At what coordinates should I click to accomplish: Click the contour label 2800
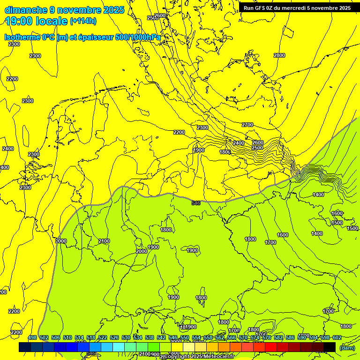point(279,55)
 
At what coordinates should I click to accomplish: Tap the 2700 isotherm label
point(247,125)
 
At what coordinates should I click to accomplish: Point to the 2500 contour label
point(257,148)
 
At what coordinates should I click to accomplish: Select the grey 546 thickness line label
point(196,203)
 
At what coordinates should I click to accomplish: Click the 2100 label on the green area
point(104,241)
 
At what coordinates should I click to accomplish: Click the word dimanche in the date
point(26,10)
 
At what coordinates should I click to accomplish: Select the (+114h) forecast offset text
point(83,21)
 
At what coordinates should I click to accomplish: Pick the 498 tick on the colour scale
point(32,337)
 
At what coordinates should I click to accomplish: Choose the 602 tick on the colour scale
point(337,337)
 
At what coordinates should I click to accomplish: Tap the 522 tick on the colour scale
point(103,337)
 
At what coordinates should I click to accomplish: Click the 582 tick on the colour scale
point(278,337)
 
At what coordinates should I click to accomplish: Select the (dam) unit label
point(347,348)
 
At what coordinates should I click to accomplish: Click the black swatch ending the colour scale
point(330,347)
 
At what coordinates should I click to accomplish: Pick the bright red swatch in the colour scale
point(271,347)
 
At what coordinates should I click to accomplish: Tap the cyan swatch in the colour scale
point(119,347)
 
